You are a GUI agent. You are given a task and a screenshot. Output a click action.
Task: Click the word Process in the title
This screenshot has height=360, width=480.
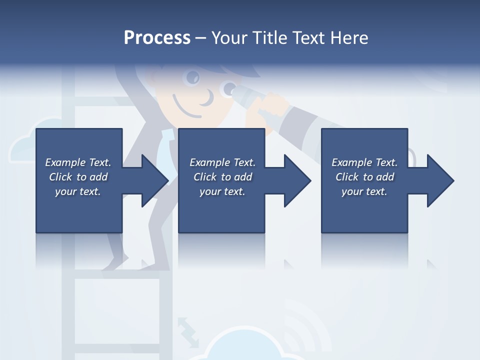click(157, 38)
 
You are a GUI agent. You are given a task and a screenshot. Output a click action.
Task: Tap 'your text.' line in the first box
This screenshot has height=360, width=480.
click(78, 191)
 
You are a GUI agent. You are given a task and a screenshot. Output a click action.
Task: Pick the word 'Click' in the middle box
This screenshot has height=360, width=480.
click(205, 177)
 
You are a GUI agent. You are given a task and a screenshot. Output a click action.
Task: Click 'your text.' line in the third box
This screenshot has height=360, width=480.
click(364, 191)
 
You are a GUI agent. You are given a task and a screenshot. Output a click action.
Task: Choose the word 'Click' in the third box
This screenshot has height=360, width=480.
click(347, 177)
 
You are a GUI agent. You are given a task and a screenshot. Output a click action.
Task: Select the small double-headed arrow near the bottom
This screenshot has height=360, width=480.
click(187, 330)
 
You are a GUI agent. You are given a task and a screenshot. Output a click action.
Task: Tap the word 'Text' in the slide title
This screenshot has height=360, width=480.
click(309, 38)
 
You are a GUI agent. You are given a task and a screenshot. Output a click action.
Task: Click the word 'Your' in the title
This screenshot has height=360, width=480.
click(230, 38)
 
